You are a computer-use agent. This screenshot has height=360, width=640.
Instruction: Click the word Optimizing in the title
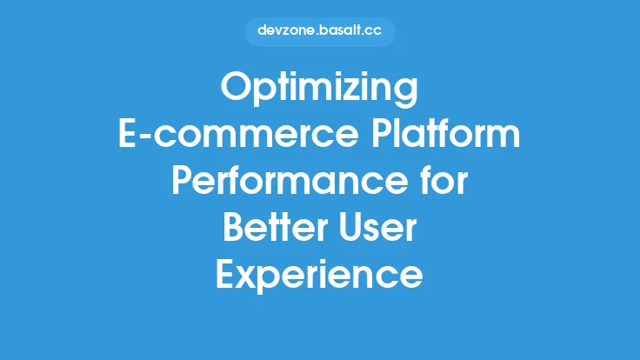(319, 90)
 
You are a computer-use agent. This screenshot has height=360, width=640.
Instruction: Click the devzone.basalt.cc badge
(319, 32)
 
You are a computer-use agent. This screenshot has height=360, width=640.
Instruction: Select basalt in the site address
(338, 32)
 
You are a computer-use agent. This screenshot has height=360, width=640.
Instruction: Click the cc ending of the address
(371, 32)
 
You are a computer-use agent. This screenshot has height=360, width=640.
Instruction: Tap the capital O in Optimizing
(236, 90)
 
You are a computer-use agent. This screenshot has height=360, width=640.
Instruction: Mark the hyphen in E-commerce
(146, 139)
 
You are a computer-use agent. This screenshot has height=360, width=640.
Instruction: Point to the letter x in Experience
(246, 277)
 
